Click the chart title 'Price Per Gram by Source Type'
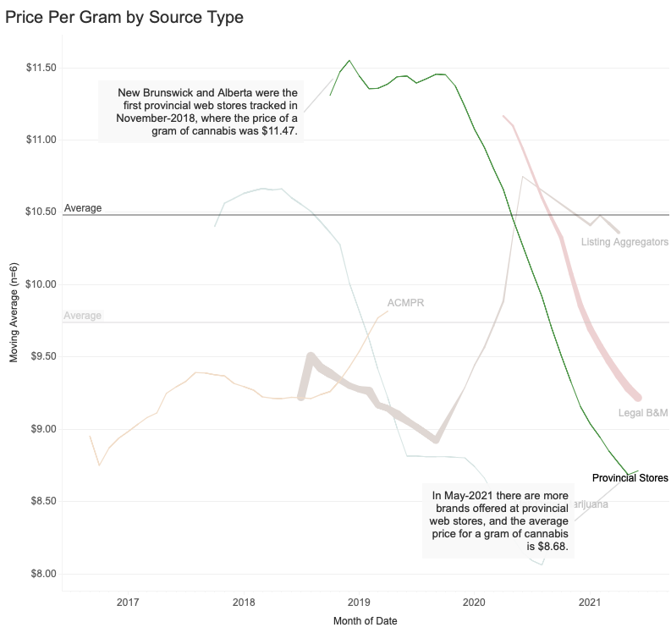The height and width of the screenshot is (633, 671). tap(124, 17)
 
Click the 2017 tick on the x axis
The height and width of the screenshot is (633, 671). tap(128, 603)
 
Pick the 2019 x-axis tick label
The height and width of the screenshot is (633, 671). tap(359, 603)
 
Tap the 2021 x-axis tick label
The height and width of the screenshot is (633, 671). tap(589, 603)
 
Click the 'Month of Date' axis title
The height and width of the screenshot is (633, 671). tap(366, 621)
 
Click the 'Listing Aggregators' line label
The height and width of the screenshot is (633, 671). tap(624, 244)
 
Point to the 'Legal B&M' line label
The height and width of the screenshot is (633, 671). tap(643, 413)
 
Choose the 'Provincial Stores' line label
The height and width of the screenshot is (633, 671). tap(630, 478)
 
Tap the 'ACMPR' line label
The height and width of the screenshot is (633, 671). tap(404, 303)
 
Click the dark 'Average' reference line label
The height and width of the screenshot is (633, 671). tap(83, 208)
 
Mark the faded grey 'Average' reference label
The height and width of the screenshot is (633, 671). tap(83, 316)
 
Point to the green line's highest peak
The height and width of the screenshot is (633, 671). tap(349, 61)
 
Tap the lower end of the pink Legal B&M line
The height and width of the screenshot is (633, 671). tap(639, 397)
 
